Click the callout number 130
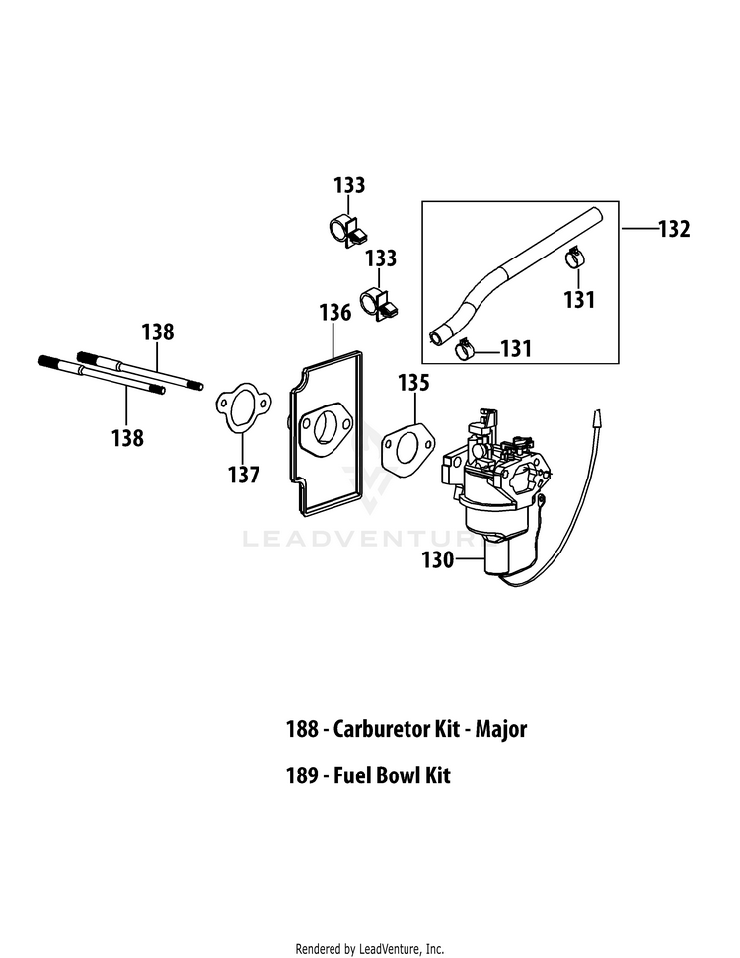(437, 559)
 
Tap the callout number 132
(674, 229)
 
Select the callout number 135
(413, 383)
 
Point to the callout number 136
(335, 312)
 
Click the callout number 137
(244, 475)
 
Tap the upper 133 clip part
(347, 230)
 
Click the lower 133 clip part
(378, 302)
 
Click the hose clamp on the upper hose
(574, 258)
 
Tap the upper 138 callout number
(158, 332)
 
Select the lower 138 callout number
(127, 437)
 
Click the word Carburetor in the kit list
(396, 729)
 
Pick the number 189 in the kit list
(302, 775)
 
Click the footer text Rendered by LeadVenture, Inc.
(370, 949)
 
